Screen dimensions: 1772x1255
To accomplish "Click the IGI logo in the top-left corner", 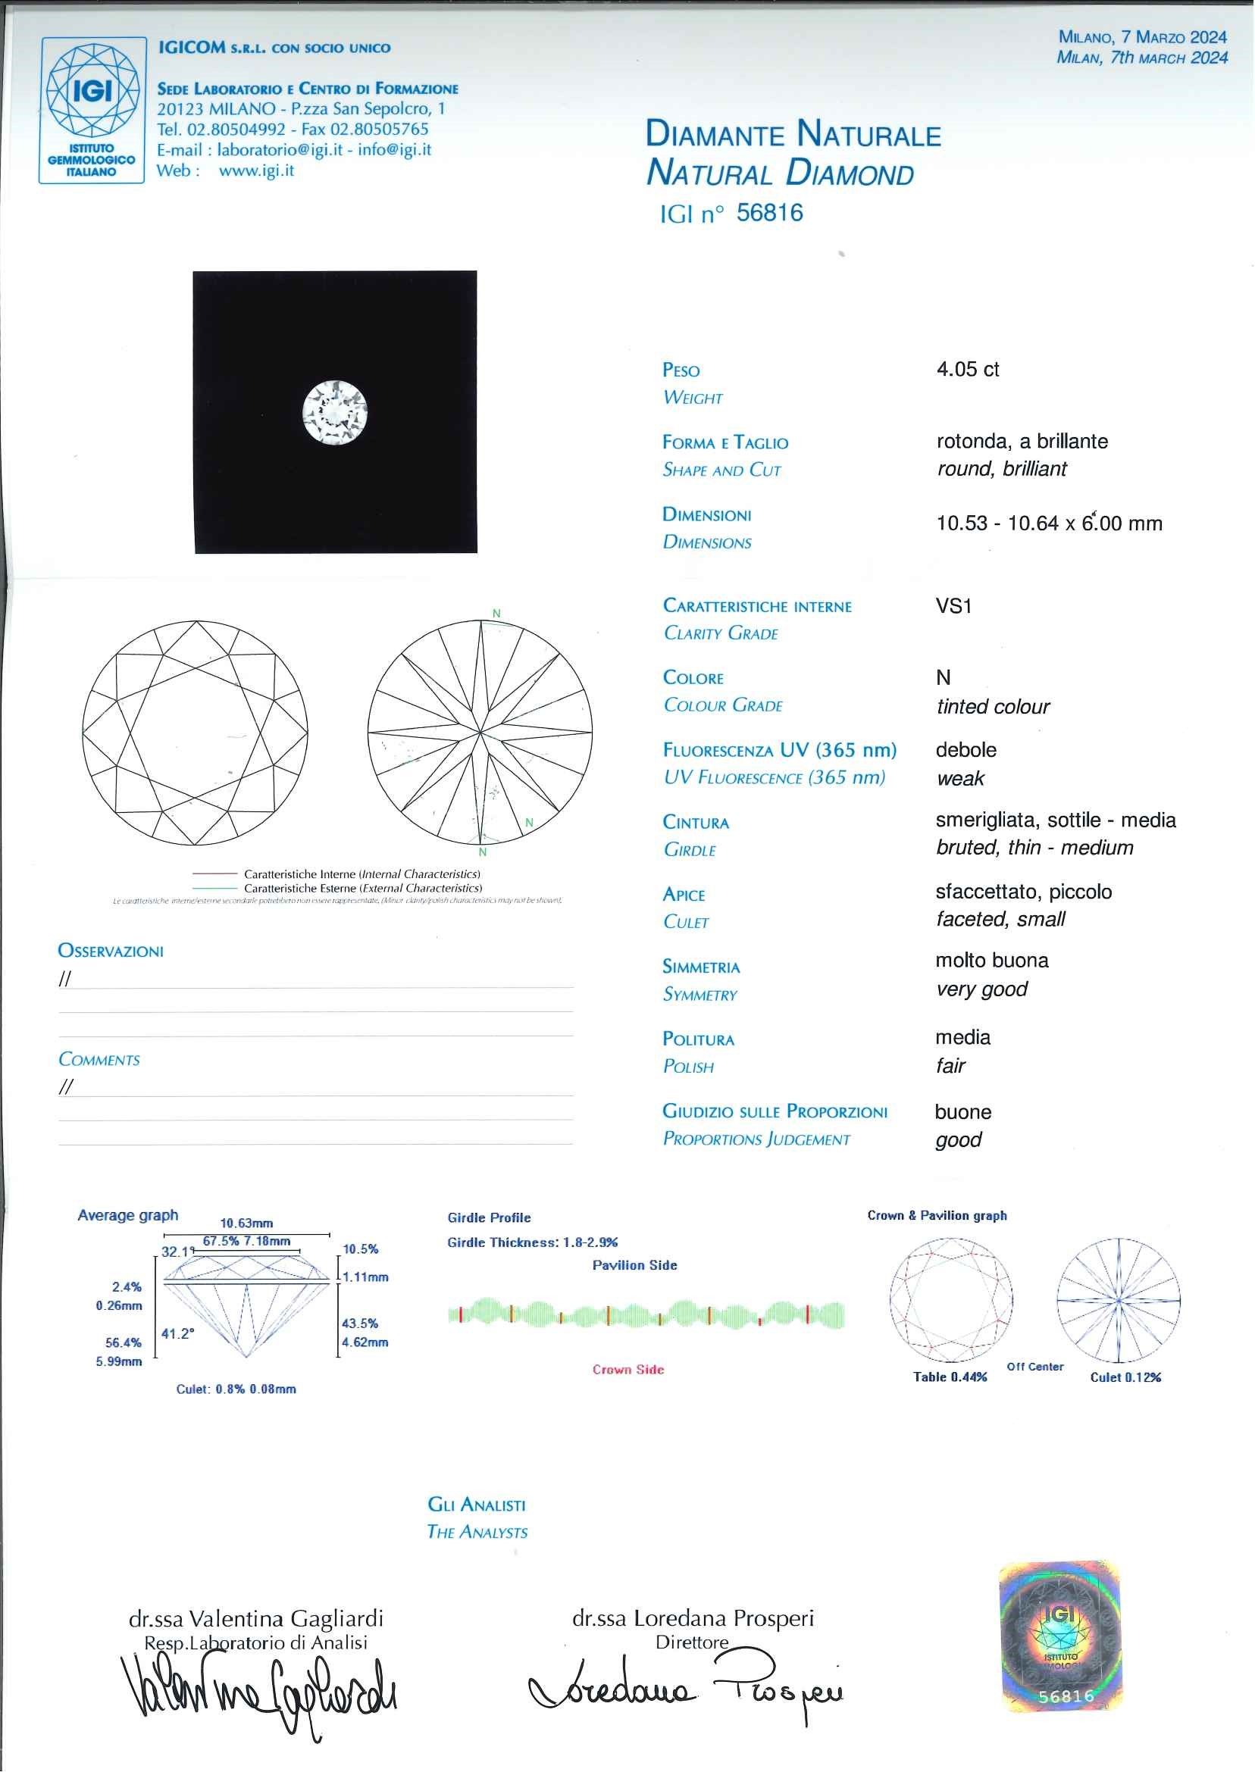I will [92, 110].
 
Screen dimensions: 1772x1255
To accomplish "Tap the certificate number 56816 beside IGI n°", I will [770, 213].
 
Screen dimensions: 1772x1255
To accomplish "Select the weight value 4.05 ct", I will [968, 369].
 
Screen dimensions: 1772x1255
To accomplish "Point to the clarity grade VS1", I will [953, 606].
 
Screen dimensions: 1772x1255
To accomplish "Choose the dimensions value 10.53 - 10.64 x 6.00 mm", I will [1049, 523].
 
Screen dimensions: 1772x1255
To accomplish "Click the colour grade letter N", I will [943, 677].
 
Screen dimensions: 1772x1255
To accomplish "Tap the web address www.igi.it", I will [257, 170].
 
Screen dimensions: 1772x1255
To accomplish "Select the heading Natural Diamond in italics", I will [780, 173].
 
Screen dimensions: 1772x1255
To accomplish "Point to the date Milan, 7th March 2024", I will [1141, 57].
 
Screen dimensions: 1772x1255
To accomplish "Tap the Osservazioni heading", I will [111, 951].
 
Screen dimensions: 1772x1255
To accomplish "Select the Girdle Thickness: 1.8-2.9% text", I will [533, 1243].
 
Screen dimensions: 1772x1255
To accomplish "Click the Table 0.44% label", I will [950, 1377].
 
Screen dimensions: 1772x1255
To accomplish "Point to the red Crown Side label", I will [628, 1370].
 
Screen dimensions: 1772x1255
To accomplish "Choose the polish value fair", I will [950, 1066].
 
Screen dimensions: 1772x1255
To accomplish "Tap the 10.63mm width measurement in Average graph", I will [246, 1224].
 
